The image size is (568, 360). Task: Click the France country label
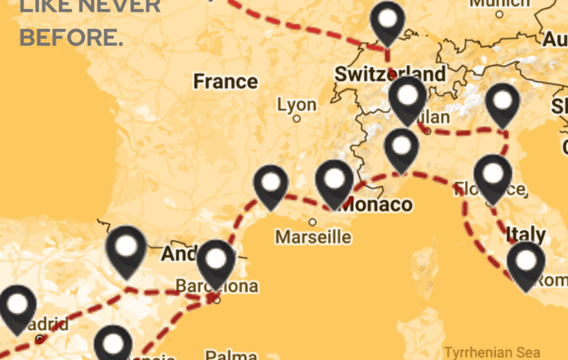coord(225,82)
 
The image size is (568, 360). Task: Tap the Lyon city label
coord(296,105)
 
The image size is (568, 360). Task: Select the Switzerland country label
coord(389,74)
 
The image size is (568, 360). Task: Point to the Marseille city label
coord(313,237)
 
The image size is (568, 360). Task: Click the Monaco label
coord(378,204)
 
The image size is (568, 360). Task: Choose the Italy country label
coord(526,234)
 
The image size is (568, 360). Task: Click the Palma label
coord(231,355)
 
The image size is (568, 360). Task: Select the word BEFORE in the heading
coord(71,37)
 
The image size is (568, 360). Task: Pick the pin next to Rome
coord(526,262)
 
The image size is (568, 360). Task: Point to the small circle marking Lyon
coord(296,118)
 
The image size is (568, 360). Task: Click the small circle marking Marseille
coord(312,222)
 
